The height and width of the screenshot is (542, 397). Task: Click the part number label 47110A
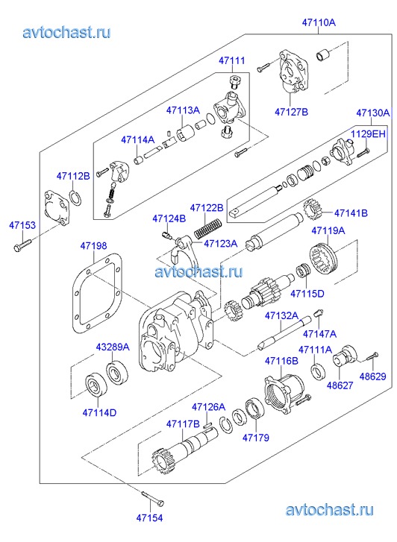click(319, 22)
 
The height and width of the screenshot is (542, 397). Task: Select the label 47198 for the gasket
click(93, 246)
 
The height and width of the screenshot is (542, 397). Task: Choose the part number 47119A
click(328, 230)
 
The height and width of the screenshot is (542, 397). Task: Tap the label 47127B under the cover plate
click(291, 112)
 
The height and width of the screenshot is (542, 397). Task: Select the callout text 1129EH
click(368, 133)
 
